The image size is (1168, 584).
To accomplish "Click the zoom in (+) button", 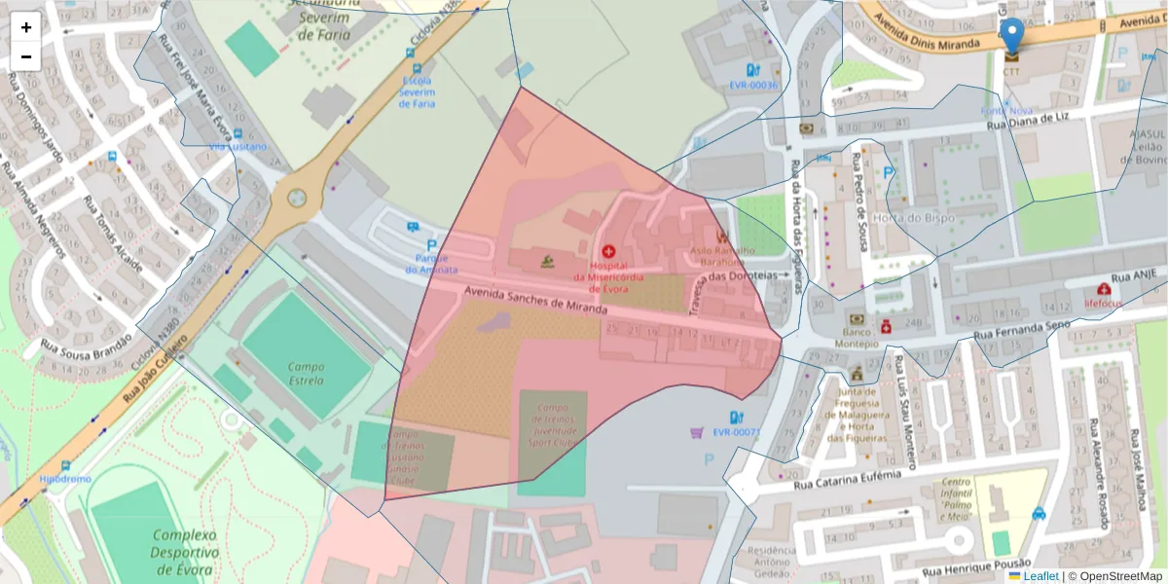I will click(26, 27).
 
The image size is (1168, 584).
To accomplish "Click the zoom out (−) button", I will click(26, 56).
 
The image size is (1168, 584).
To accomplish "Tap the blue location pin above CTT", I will click(1012, 35).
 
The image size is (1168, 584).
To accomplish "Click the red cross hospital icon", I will click(608, 251).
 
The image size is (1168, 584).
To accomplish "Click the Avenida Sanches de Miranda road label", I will click(534, 300).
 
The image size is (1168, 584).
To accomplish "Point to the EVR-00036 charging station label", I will click(753, 86).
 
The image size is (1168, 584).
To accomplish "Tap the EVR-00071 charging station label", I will click(736, 432).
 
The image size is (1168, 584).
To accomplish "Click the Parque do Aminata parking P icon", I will click(431, 245).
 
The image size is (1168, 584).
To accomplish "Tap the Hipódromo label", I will click(65, 479).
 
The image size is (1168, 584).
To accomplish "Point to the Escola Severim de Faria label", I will click(418, 92).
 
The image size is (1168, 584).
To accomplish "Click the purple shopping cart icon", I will click(697, 432).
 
